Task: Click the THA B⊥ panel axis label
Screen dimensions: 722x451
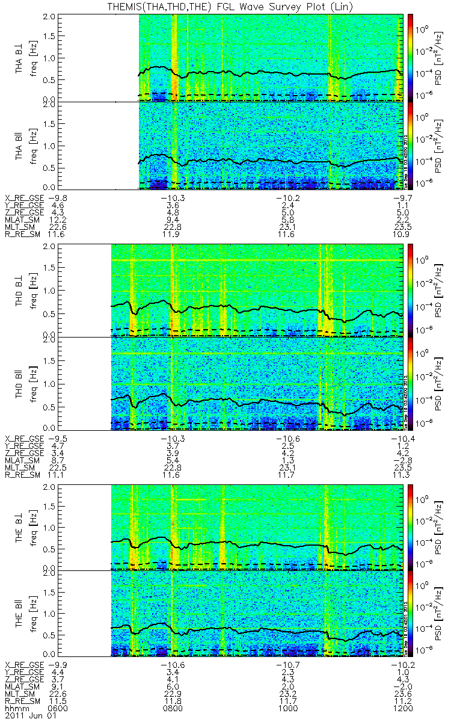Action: pos(20,58)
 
